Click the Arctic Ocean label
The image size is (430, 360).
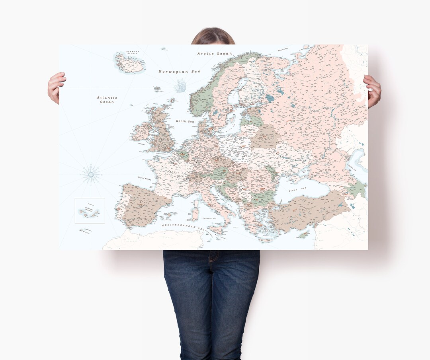pyautogui.click(x=215, y=53)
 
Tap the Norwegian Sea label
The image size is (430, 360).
pyautogui.click(x=179, y=72)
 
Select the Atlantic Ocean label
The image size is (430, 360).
pyautogui.click(x=107, y=99)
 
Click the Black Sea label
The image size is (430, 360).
pyautogui.click(x=297, y=190)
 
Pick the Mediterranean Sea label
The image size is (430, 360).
pyautogui.click(x=183, y=227)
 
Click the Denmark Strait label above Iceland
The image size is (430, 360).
pyautogui.click(x=133, y=52)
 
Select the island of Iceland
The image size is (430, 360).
pyautogui.click(x=129, y=64)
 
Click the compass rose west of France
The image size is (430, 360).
pyautogui.click(x=91, y=174)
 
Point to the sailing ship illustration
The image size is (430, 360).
pyautogui.click(x=180, y=85)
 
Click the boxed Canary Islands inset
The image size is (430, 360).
pyautogui.click(x=90, y=210)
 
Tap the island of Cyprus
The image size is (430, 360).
pyautogui.click(x=303, y=235)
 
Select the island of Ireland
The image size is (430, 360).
pyautogui.click(x=142, y=132)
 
